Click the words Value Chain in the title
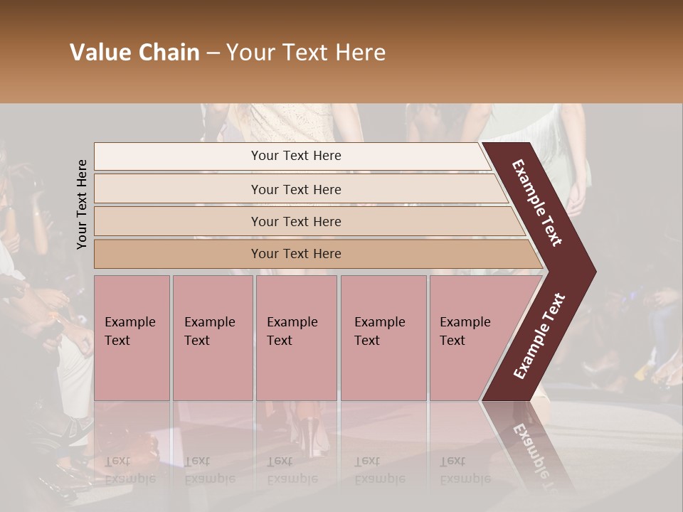click(x=134, y=53)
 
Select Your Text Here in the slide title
click(x=306, y=53)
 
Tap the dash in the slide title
click(x=213, y=53)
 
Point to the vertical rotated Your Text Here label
click(x=82, y=204)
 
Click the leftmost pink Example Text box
click(x=132, y=338)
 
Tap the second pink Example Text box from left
click(x=212, y=338)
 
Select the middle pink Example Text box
click(x=296, y=338)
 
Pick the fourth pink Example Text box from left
click(x=383, y=338)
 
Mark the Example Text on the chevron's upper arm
click(x=537, y=203)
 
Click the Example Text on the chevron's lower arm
click(x=539, y=336)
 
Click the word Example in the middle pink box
click(x=292, y=322)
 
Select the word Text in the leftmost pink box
click(x=117, y=341)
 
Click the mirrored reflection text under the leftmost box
click(x=129, y=470)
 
